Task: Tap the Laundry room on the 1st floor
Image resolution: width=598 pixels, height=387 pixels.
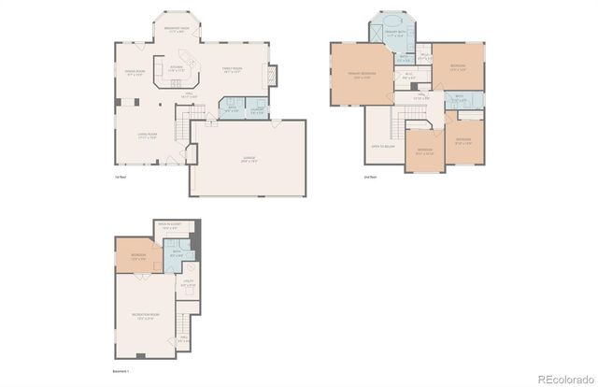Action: coord(255,110)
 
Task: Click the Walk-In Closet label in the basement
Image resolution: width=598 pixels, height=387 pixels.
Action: coord(168,226)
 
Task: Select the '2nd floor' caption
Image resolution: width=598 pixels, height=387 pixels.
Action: coord(369,176)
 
